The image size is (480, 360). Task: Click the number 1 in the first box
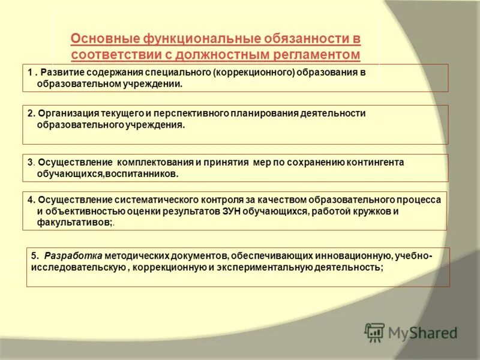coord(29,73)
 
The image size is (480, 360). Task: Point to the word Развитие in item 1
coord(63,73)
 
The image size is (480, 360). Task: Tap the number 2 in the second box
coord(30,113)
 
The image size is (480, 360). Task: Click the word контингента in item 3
coord(374,162)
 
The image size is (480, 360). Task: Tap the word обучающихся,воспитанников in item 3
coord(107,173)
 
